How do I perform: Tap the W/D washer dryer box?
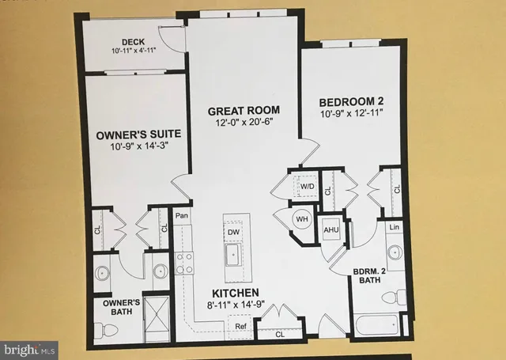point(306,187)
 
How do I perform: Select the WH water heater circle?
point(302,218)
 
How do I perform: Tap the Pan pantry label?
point(181,214)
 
